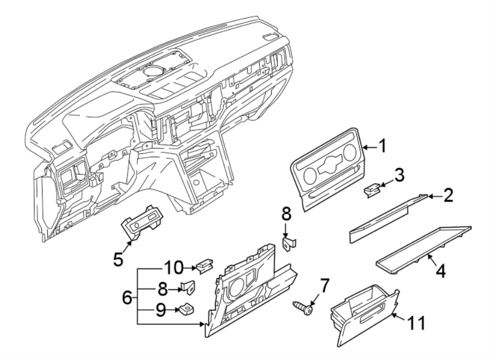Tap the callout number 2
pyautogui.click(x=448, y=196)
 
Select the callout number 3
pyautogui.click(x=399, y=175)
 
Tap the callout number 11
pyautogui.click(x=417, y=323)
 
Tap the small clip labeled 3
pyautogui.click(x=372, y=190)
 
